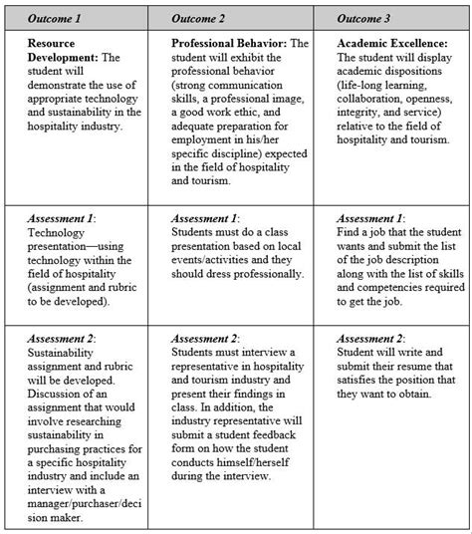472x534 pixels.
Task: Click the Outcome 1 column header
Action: pyautogui.click(x=57, y=18)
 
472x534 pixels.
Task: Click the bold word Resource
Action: pyautogui.click(x=52, y=43)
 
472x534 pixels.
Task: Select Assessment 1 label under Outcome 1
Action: pyautogui.click(x=63, y=218)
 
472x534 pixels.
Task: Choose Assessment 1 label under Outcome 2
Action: pyautogui.click(x=205, y=218)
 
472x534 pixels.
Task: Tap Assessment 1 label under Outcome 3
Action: pyautogui.click(x=371, y=218)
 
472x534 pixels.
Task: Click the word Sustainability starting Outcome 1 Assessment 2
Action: pyautogui.click(x=63, y=353)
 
